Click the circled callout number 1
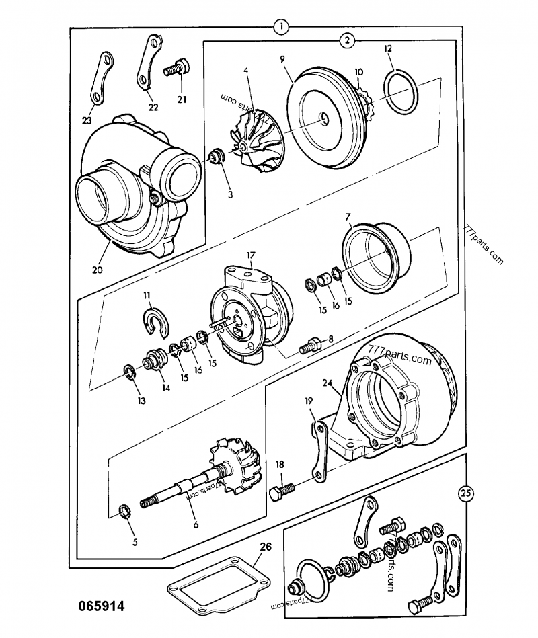[280, 27]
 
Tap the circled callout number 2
[347, 41]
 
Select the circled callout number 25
[465, 493]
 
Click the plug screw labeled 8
[309, 346]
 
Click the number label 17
[249, 255]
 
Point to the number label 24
[328, 384]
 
